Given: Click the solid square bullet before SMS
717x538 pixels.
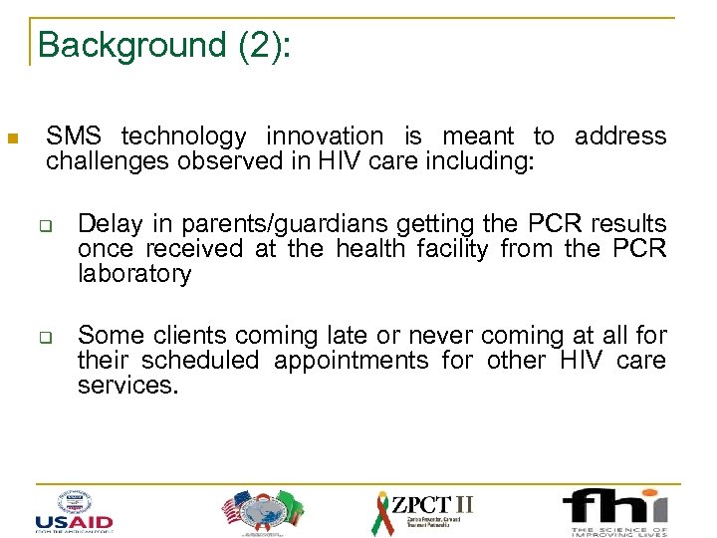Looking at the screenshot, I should [x=13, y=138].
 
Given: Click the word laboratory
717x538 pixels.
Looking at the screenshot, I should [x=134, y=274].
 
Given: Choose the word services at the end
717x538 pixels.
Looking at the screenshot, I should [x=126, y=386].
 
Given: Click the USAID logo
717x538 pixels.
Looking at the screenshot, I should [x=73, y=511].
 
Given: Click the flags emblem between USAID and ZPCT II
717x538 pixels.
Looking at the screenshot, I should [x=260, y=511].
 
